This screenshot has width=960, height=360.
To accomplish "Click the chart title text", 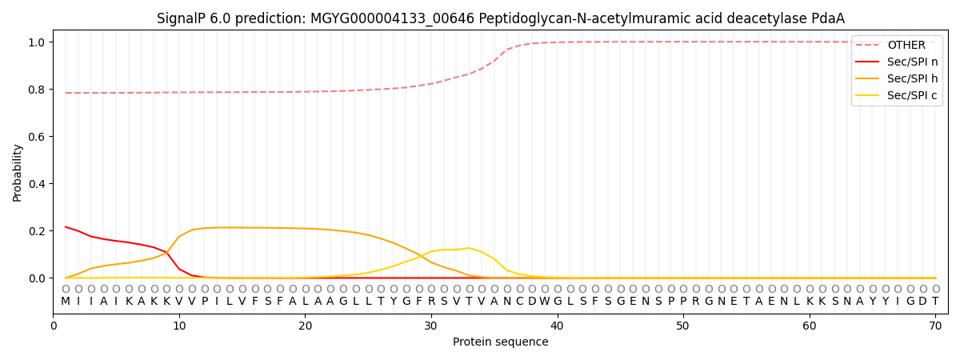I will (x=500, y=18).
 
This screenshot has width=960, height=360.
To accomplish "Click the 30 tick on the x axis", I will (x=431, y=326).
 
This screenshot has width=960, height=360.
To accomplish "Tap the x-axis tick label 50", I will (x=683, y=326).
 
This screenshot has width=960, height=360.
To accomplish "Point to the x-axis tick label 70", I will (x=935, y=326).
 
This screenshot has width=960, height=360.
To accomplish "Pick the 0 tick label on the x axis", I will (x=54, y=326).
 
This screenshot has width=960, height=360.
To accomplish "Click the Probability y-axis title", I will (x=18, y=173).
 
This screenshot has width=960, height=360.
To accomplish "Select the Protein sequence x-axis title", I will (x=500, y=342).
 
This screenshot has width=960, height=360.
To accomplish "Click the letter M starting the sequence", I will (x=66, y=302).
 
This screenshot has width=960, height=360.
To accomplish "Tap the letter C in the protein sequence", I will (x=519, y=302).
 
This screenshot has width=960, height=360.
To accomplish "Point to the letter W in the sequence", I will (x=545, y=302).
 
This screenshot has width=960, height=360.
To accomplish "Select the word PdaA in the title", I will (x=826, y=18).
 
